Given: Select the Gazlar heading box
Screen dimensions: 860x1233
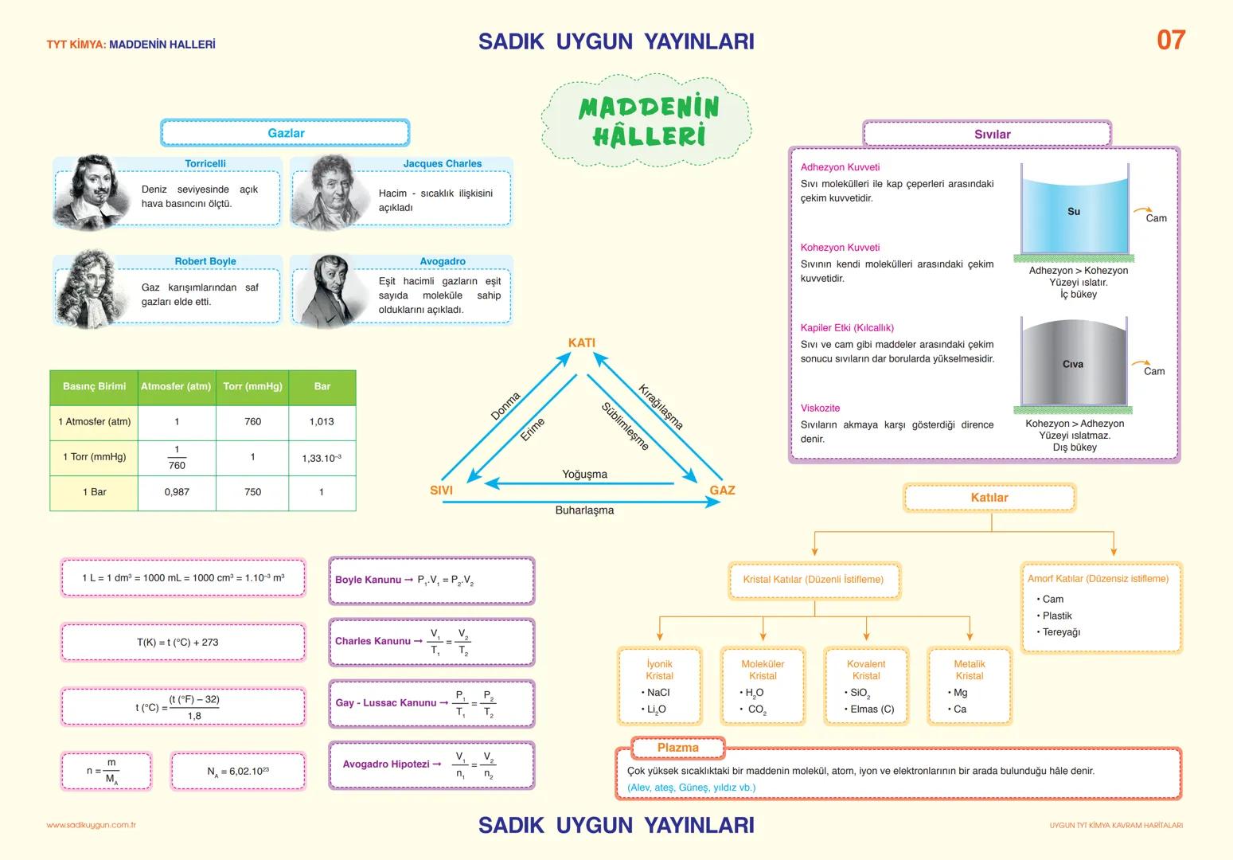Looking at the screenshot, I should [x=285, y=133].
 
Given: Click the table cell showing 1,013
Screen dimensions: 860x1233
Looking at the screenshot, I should [x=322, y=422].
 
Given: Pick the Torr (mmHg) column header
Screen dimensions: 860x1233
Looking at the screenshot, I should [x=252, y=387].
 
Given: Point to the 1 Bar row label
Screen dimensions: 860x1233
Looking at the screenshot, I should [x=94, y=492].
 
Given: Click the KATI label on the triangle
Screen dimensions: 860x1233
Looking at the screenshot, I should [x=582, y=343].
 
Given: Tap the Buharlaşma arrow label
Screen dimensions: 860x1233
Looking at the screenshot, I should [x=584, y=510].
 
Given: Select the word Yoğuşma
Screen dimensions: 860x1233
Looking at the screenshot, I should [x=584, y=475].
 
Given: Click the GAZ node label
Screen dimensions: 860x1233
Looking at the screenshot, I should [x=722, y=491].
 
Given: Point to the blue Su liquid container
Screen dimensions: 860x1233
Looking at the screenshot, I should [x=1073, y=212].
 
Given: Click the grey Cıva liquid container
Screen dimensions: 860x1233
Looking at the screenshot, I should [x=1073, y=363].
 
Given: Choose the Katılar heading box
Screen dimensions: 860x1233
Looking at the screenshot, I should [x=989, y=498].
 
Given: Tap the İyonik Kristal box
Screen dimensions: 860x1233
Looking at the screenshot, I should [x=659, y=686].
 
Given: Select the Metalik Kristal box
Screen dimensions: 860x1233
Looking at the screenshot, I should [x=969, y=686].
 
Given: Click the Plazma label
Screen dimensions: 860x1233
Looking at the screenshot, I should [x=677, y=748].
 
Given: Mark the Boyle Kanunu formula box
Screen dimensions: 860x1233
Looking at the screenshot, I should [x=431, y=580].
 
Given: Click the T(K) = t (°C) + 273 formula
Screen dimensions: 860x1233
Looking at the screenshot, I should [x=182, y=643].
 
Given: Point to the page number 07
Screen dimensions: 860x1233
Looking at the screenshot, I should [x=1170, y=41].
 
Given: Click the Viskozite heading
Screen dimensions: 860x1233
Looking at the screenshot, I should [x=820, y=408].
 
